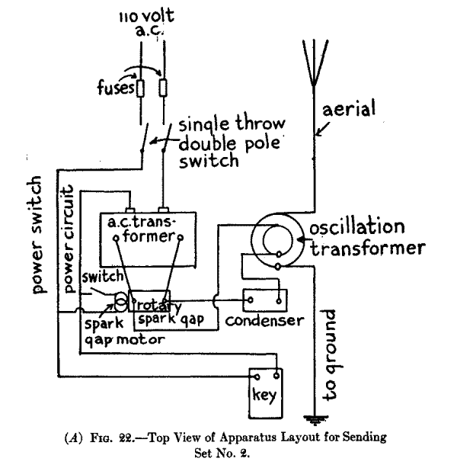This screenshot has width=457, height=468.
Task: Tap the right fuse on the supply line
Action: click(x=164, y=89)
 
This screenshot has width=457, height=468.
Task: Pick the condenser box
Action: click(x=264, y=300)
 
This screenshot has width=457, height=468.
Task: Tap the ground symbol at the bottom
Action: click(x=312, y=418)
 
